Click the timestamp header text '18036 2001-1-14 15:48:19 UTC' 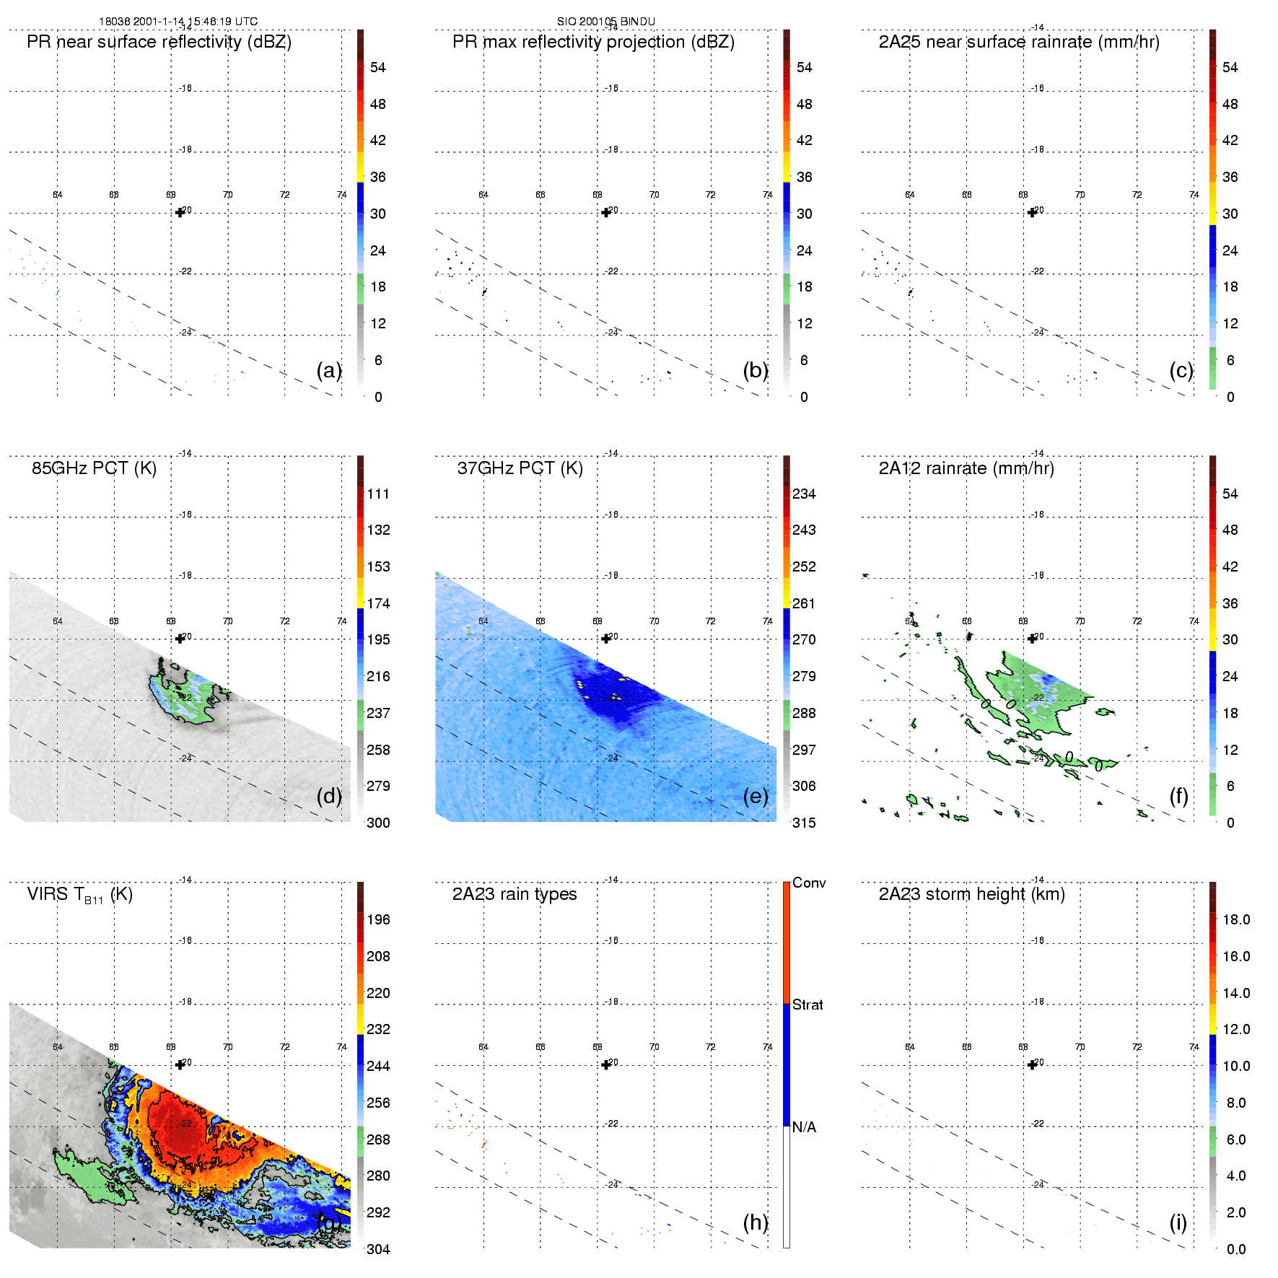point(178,22)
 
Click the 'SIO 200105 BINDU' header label point(605,22)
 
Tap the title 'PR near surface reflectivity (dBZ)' point(159,42)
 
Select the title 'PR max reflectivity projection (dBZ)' point(593,42)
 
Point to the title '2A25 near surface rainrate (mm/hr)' point(1019,42)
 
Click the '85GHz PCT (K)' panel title point(94,468)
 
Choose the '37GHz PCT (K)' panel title point(520,468)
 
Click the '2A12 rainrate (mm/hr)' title point(966,468)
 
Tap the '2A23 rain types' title point(515,894)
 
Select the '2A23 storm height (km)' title point(971,894)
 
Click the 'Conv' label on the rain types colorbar point(809,883)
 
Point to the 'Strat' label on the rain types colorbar point(807,1005)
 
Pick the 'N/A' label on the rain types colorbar point(804,1127)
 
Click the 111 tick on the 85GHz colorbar point(378,494)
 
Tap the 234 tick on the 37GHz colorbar point(804,494)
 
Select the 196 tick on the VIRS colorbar point(378,919)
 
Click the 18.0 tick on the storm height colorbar point(1236,919)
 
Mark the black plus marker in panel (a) point(180,212)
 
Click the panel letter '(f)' point(1178,796)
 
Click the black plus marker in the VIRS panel point(180,1064)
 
